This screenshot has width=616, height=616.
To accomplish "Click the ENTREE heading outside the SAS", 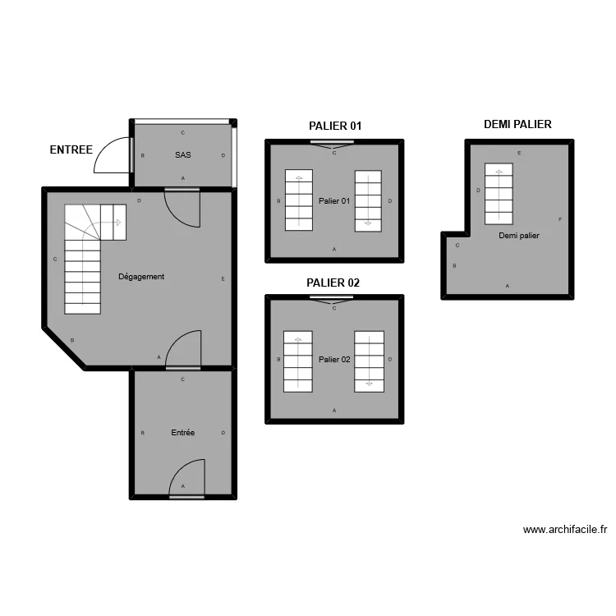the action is coord(71,149).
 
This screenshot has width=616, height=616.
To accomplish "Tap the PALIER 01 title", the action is coord(335,126).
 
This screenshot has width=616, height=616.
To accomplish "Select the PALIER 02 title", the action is coord(333,283).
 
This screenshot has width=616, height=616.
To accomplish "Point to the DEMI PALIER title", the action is coord(517,124).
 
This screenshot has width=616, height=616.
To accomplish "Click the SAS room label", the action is coord(183,154).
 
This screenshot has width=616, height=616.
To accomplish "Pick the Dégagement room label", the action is coord(141,277).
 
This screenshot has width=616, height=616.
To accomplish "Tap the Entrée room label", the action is coord(183,433).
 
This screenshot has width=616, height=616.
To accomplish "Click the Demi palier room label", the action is coord(519,236).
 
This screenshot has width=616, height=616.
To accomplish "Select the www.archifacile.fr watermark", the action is coord(565,530).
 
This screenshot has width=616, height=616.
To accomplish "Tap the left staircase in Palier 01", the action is coord(299,200).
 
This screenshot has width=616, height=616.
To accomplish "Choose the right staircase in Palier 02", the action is coord(370,361).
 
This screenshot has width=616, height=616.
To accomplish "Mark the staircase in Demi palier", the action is coord(499,194).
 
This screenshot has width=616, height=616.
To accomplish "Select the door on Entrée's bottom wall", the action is coord(187,479).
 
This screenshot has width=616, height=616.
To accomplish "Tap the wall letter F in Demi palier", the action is coord(560,219).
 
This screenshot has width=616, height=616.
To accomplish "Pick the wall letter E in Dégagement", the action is coord(223,279).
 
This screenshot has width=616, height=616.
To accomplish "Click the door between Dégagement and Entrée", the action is coord(183,350).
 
